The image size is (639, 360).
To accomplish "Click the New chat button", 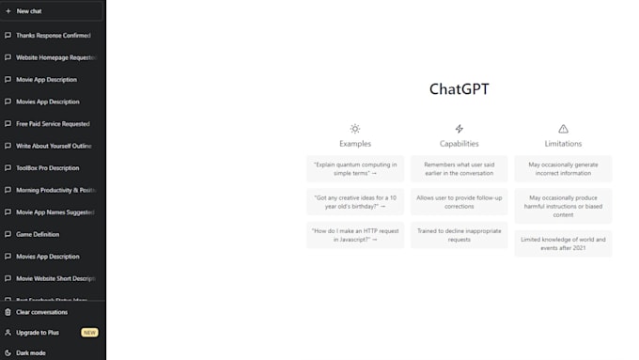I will (x=28, y=10).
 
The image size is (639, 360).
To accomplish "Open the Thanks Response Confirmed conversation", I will (x=53, y=35).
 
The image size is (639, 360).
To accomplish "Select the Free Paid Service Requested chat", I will (x=53, y=123).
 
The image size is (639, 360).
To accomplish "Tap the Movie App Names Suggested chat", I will (x=55, y=212).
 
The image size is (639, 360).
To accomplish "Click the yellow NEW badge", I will (x=89, y=333).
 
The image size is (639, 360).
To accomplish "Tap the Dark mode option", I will (x=30, y=352).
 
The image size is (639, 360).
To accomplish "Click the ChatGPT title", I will (x=459, y=89).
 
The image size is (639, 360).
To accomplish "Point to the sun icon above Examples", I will (x=355, y=129).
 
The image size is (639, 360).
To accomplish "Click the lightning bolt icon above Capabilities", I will (x=460, y=129).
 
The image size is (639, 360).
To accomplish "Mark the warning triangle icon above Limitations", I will (x=563, y=129).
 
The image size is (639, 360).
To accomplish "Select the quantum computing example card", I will (x=355, y=168).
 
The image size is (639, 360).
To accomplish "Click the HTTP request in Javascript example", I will (x=355, y=235).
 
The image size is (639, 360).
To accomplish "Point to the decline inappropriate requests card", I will (x=460, y=235).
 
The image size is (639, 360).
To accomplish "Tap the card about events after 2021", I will (x=563, y=243).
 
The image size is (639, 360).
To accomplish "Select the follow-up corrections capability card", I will (x=460, y=201).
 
